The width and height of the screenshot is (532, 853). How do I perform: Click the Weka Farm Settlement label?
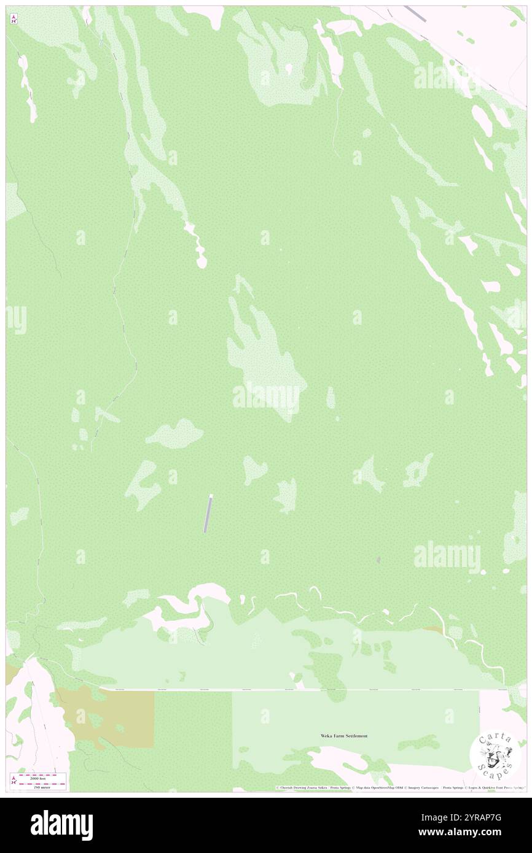[x=344, y=736]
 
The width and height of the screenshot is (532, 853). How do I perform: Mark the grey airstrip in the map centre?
[x=208, y=514]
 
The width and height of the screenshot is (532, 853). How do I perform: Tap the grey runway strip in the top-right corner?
[x=415, y=14]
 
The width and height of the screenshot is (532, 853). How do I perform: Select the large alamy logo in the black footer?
[x=61, y=825]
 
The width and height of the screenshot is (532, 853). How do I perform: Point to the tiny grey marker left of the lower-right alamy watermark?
[x=378, y=560]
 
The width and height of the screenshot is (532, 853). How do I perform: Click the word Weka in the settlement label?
[x=326, y=736]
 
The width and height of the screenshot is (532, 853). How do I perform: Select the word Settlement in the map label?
[x=356, y=736]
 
